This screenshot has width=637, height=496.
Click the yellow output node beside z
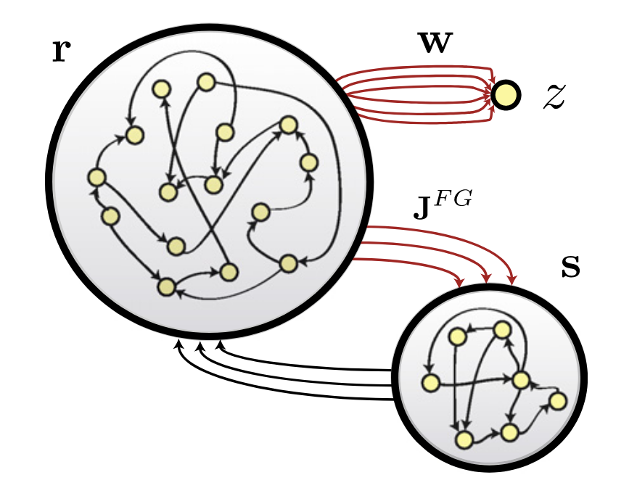[506, 94]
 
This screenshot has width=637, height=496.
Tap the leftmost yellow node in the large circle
[96, 177]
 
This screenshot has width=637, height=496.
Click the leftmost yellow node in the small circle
[430, 381]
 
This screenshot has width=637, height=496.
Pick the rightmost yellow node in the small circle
[556, 400]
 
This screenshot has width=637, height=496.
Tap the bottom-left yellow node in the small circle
[464, 439]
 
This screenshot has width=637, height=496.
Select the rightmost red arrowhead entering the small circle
[512, 280]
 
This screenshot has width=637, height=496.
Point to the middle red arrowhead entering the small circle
[488, 281]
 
